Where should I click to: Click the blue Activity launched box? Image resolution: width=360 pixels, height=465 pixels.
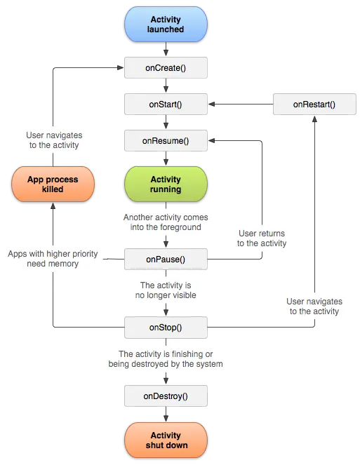tap(166, 24)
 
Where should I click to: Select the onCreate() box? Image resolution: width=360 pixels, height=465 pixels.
tap(166, 67)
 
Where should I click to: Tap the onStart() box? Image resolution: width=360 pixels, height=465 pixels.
tap(166, 104)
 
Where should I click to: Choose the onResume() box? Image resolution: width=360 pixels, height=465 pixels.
tap(166, 140)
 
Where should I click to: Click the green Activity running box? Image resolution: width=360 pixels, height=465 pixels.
tap(166, 184)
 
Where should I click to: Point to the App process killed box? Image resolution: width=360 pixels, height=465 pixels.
tap(53, 184)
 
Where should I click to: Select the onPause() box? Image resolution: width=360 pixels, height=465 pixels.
tap(166, 260)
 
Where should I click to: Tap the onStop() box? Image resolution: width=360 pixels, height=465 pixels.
tap(166, 326)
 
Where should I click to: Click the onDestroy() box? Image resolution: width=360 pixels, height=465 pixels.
tap(166, 396)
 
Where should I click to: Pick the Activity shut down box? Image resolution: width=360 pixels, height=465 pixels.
tap(166, 440)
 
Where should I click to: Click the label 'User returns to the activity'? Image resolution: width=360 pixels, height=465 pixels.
tap(261, 238)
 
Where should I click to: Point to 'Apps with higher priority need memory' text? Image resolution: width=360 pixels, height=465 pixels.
tap(53, 258)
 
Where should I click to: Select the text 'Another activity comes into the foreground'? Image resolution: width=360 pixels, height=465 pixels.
tap(166, 222)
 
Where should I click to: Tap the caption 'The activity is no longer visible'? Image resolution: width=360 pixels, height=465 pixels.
tap(166, 290)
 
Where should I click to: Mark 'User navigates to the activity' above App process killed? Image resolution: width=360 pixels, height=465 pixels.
tap(53, 140)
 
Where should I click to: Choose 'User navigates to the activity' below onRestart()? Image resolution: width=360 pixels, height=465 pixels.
tap(314, 306)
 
